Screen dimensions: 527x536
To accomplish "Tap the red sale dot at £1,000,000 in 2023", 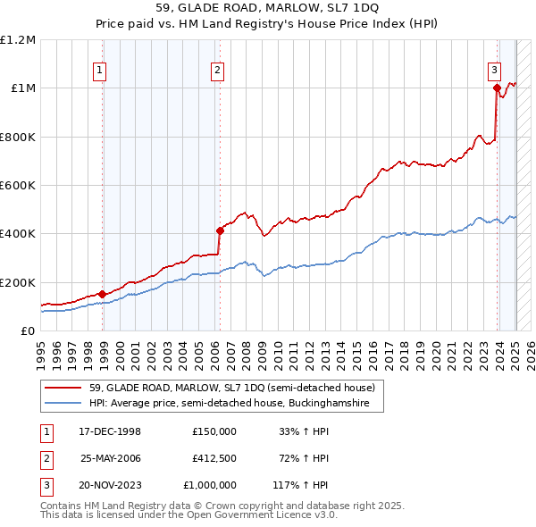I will point(497,88).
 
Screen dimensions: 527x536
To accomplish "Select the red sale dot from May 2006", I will point(220,230).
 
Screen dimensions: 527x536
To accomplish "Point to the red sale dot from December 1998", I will point(103,294).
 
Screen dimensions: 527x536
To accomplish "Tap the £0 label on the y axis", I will point(27,330).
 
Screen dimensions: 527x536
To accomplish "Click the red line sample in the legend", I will point(64,388).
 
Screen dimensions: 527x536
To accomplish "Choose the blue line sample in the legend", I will point(64,404).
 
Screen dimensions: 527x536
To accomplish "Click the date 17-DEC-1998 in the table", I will point(110,431).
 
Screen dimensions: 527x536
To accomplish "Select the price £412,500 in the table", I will point(214,457).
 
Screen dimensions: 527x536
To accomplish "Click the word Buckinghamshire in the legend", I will point(341,404).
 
